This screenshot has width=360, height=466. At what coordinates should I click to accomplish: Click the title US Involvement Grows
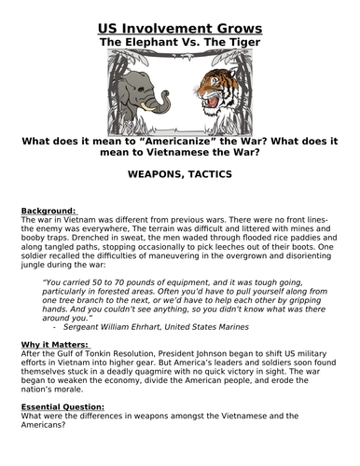[180, 12]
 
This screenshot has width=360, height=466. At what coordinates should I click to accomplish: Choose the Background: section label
[48, 210]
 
